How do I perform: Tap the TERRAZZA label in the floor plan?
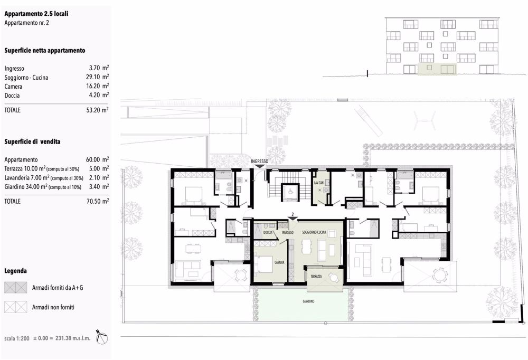[316, 276]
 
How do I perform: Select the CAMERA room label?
[279, 262]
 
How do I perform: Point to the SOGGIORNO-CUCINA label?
[314, 232]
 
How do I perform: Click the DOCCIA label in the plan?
[268, 232]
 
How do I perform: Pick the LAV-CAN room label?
[318, 183]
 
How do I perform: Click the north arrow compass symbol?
[103, 337]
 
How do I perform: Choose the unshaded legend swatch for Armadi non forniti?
[15, 307]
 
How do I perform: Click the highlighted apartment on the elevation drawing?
[437, 70]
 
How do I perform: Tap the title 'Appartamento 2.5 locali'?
[36, 14]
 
